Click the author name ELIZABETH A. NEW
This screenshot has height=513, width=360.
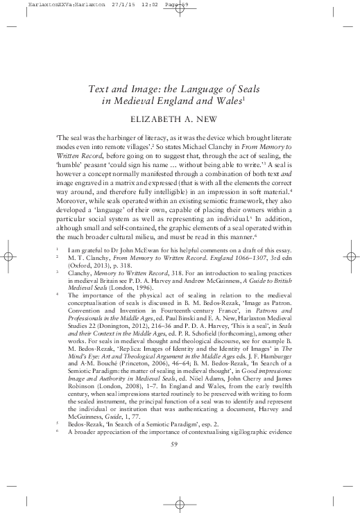click(x=180, y=119)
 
